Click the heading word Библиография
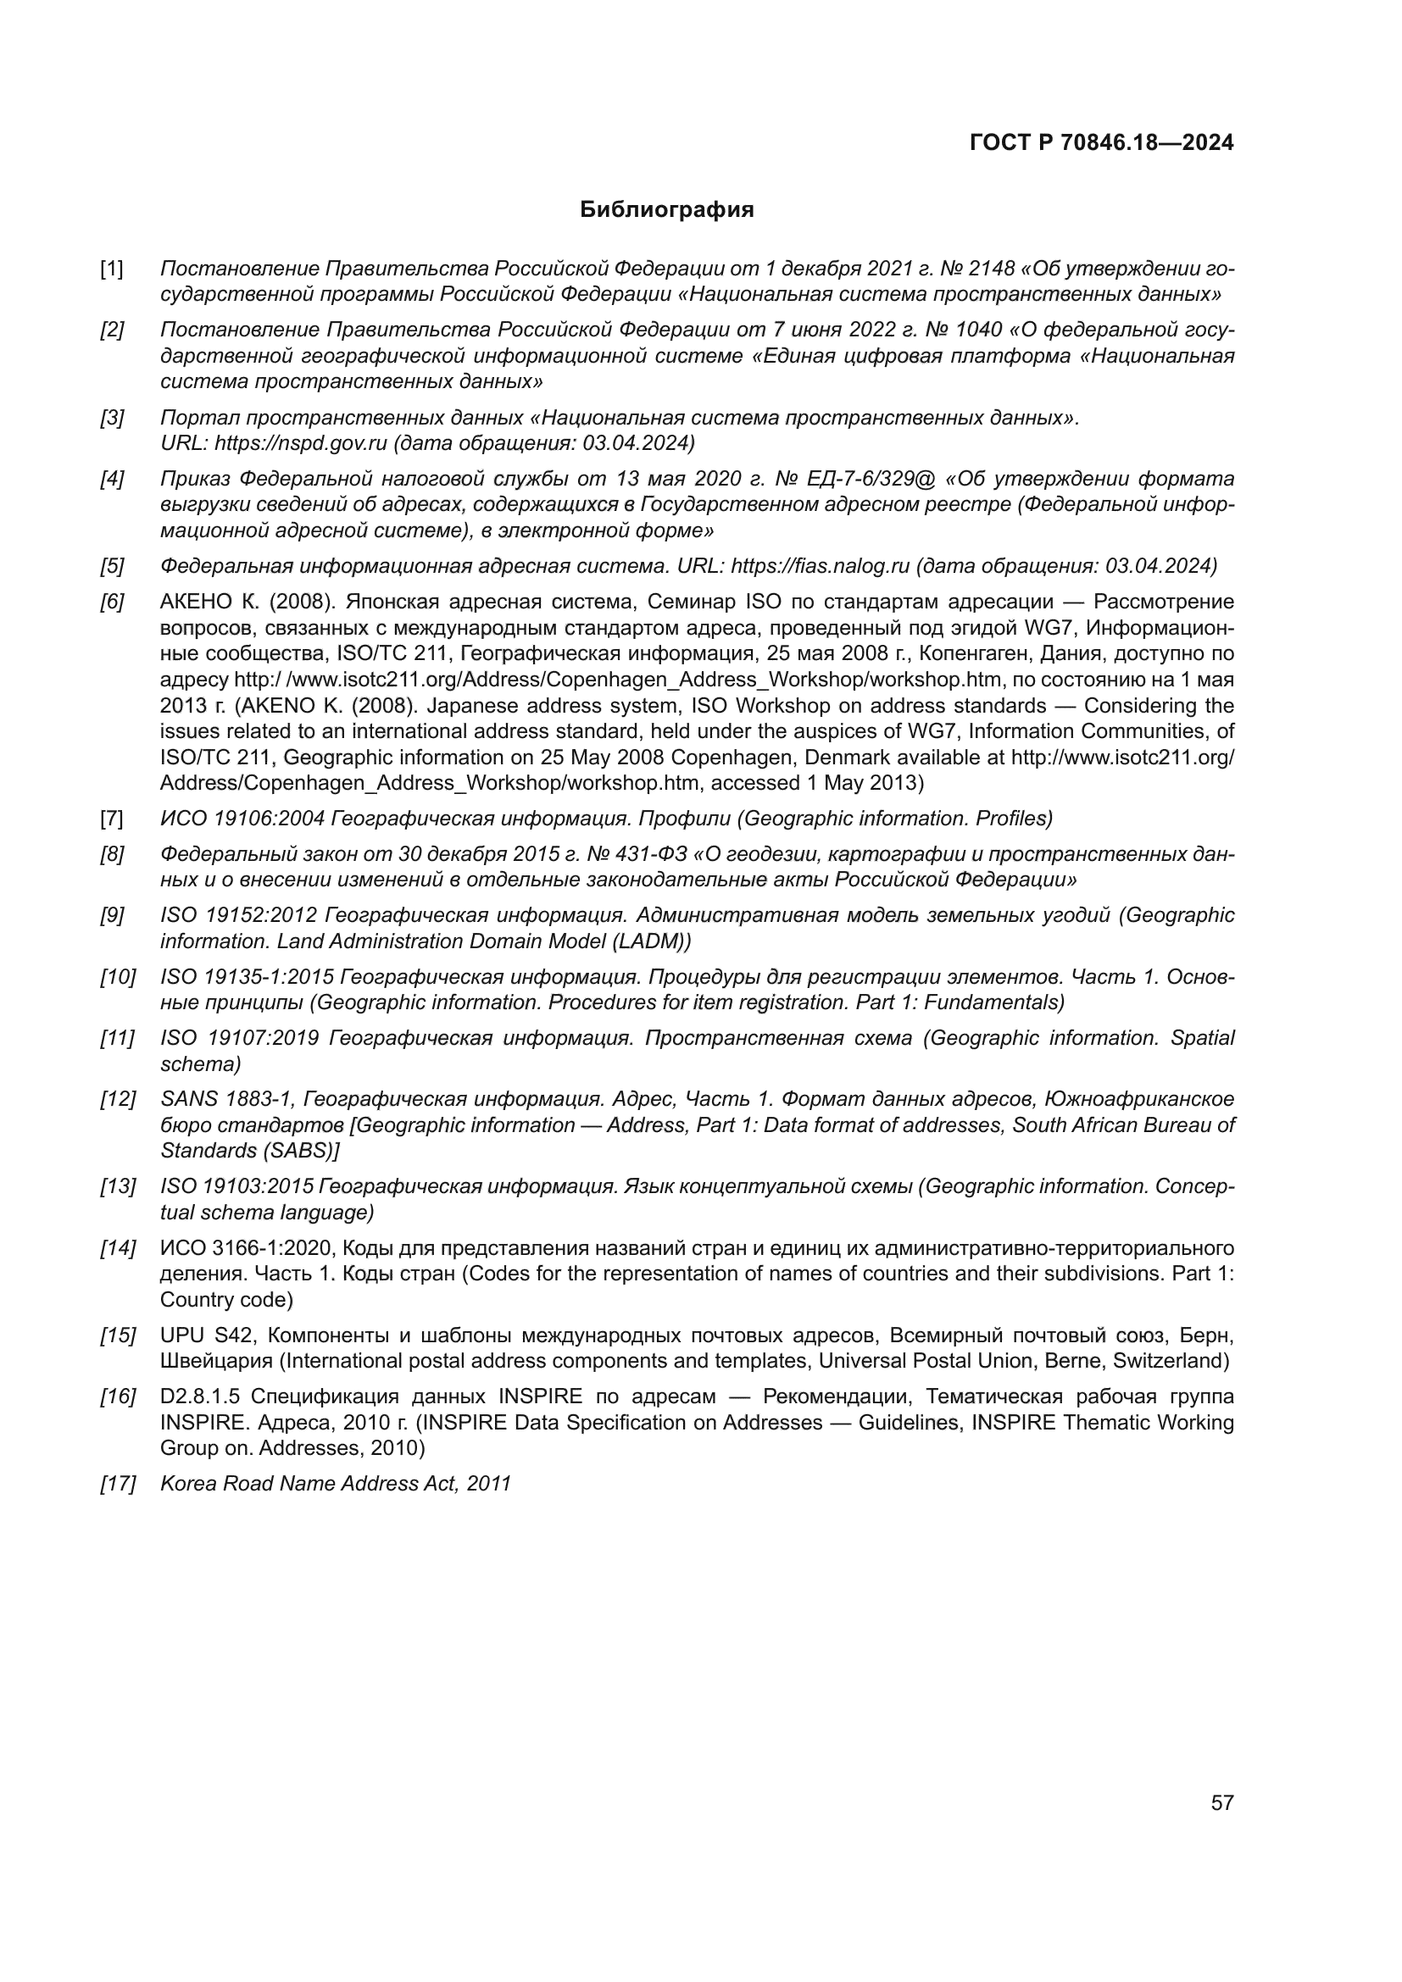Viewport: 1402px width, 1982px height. tap(666, 210)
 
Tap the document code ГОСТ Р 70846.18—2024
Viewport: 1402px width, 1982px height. tap(1102, 142)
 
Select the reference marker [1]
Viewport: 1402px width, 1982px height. tap(111, 269)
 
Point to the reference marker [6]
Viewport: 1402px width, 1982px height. tap(111, 602)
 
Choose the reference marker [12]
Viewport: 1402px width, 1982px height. tap(118, 1100)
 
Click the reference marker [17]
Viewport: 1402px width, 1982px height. tap(118, 1484)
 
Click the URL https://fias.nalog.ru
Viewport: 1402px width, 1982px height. tap(821, 566)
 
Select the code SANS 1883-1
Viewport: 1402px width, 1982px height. tap(227, 1100)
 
